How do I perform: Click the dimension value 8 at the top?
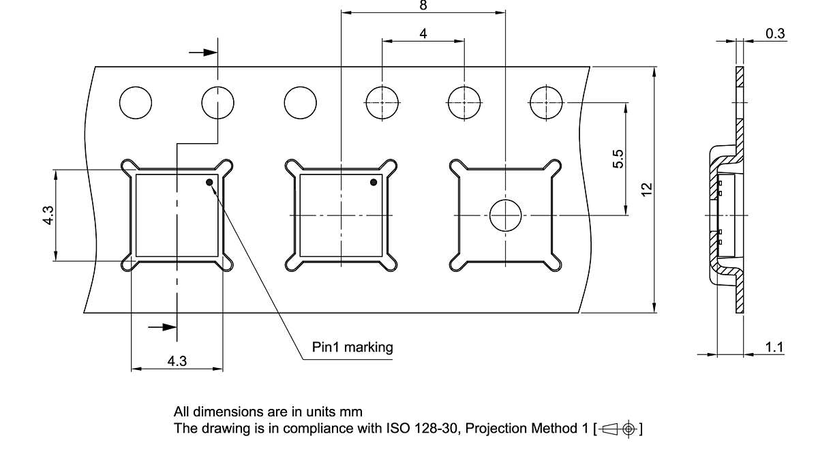point(423,5)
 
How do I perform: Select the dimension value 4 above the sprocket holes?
point(423,33)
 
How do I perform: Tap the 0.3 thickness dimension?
point(775,33)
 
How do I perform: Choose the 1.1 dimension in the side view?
point(774,348)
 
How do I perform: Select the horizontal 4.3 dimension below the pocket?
point(177,361)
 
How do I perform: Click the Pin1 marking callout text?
point(352,348)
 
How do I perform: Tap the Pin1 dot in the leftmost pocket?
point(210,182)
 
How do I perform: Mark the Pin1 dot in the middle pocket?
point(374,182)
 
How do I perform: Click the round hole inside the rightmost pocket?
point(505,215)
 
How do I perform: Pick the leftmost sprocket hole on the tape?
point(136,103)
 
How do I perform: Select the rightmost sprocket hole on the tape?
point(546,103)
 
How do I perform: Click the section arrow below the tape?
point(162,328)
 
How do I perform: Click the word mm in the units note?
point(354,412)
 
